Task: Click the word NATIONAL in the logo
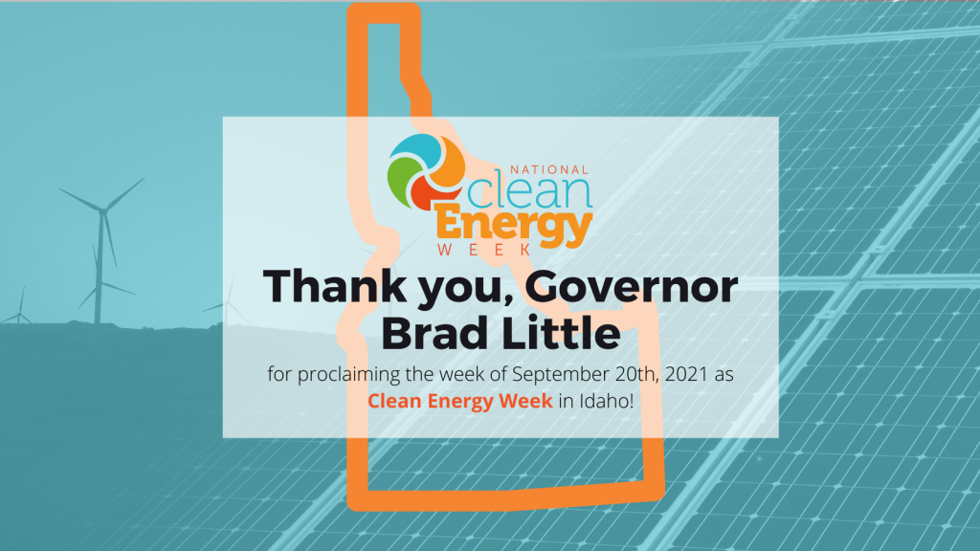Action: (549, 170)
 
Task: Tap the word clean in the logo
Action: (528, 192)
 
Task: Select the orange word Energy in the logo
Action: (514, 226)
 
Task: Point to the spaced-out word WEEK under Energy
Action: (484, 251)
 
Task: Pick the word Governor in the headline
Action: (632, 287)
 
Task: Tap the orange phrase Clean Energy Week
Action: (460, 401)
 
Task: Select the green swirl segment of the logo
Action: (401, 179)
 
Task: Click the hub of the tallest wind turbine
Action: (102, 211)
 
